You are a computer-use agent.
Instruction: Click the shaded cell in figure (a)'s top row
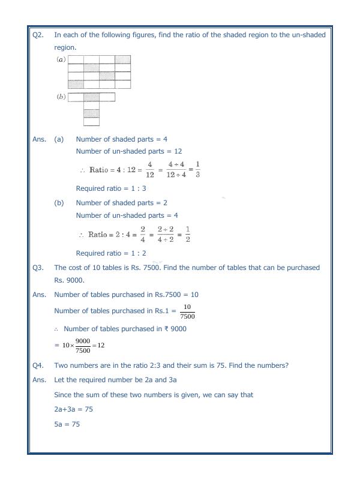coord(122,59)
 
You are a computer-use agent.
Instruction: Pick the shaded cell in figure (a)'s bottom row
coord(76,84)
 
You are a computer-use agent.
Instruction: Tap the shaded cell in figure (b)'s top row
coord(91,97)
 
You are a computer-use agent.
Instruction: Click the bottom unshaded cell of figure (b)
coord(91,122)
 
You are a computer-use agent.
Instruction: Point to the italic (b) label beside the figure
coord(61,97)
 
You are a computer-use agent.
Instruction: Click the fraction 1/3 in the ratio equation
coord(197,170)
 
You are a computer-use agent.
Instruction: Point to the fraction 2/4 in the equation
coord(143,235)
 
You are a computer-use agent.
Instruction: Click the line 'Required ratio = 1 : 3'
coord(111,188)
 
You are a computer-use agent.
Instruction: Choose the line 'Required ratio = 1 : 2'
coord(111,253)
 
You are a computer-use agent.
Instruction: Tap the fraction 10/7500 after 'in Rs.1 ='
coord(187,311)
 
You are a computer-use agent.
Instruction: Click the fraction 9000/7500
coord(83,346)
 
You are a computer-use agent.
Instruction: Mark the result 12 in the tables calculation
coord(101,346)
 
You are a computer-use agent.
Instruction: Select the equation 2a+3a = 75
coord(73,409)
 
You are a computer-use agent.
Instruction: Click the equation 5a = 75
coord(67,424)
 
